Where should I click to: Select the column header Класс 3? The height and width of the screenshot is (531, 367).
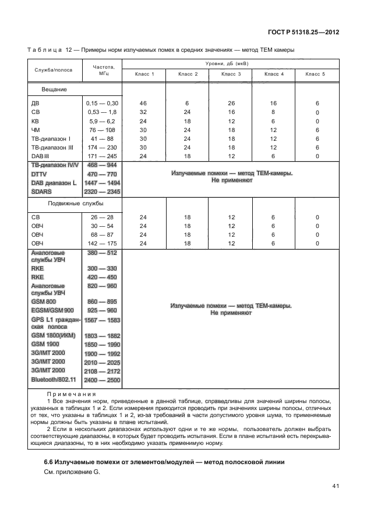coord(232,74)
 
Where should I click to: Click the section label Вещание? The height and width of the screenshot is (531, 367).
coord(54,90)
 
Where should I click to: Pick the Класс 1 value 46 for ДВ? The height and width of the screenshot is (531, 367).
coord(143,103)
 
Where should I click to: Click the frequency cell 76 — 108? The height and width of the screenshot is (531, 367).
coord(102,130)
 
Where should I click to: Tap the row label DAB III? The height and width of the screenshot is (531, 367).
coord(40,156)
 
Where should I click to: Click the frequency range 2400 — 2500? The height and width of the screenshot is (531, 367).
coord(102,379)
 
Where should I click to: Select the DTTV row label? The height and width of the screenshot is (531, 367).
coord(40,174)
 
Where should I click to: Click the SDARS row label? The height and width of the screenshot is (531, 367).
coord(41,191)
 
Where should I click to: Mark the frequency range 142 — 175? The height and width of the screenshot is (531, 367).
coord(102,243)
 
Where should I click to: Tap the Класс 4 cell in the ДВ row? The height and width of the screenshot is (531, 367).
coord(274,103)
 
